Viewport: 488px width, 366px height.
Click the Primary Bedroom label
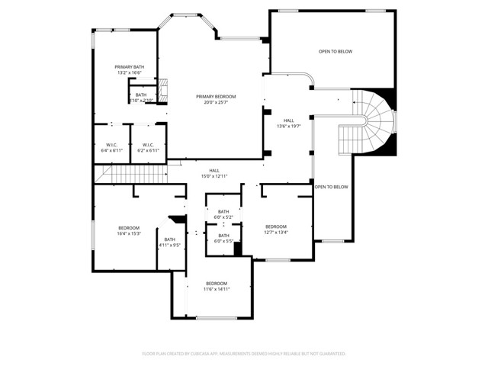click(x=216, y=96)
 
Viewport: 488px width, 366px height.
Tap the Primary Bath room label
click(x=130, y=67)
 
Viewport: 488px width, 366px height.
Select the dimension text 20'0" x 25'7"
click(x=216, y=102)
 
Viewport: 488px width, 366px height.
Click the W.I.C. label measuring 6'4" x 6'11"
click(x=111, y=145)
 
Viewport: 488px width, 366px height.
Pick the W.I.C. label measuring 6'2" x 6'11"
click(x=148, y=145)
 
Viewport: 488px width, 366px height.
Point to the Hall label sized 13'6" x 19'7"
click(x=289, y=120)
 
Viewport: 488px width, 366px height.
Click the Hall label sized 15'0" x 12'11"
click(x=214, y=171)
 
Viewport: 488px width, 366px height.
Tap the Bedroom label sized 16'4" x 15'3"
click(x=129, y=228)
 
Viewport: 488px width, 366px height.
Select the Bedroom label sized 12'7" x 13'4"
click(x=275, y=226)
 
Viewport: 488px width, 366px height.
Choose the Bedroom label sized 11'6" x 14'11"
click(x=217, y=283)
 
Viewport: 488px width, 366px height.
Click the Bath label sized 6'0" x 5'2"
click(x=223, y=212)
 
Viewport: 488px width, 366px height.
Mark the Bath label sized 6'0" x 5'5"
click(x=223, y=236)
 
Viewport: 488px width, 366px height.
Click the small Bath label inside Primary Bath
click(x=141, y=95)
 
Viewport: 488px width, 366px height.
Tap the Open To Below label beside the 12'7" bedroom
click(x=332, y=187)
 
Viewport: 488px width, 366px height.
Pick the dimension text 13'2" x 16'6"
click(x=130, y=72)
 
